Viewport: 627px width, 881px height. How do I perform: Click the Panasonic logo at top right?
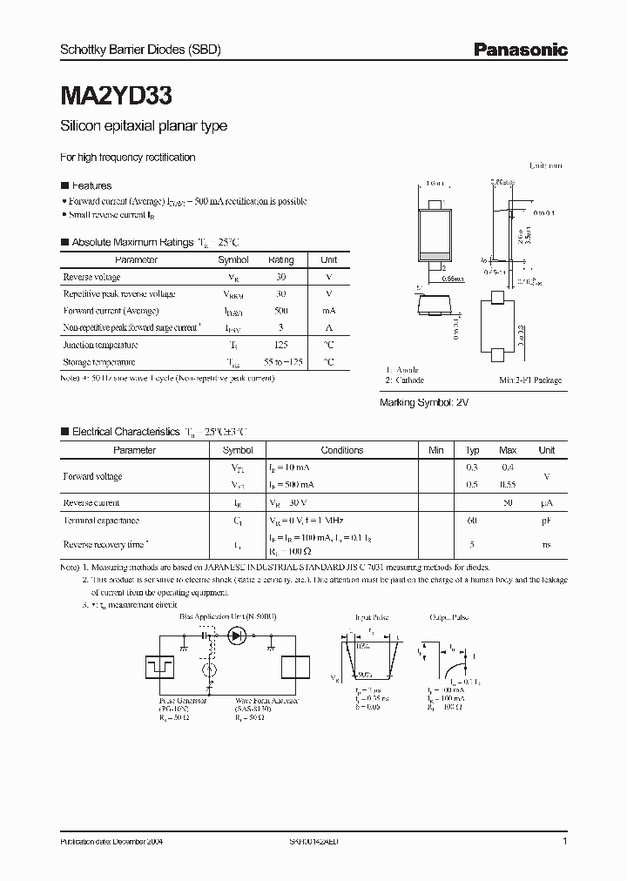click(520, 50)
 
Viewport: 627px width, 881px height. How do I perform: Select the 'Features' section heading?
click(91, 185)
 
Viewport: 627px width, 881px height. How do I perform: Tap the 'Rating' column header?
click(280, 260)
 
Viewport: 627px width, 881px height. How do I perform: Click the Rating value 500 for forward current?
click(280, 311)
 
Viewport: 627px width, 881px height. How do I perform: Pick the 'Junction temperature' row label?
click(100, 345)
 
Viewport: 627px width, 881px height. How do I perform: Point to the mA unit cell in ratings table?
click(329, 311)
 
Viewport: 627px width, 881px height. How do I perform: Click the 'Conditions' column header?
click(341, 450)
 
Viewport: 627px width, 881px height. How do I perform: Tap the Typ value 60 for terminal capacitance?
click(472, 520)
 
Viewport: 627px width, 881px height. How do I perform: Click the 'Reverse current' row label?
click(91, 502)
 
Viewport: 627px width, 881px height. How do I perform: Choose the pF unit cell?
click(547, 520)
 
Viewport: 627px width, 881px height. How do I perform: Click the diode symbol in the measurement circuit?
click(237, 636)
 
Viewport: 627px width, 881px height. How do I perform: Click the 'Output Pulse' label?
click(449, 616)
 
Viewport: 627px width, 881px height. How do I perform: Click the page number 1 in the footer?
click(565, 843)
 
